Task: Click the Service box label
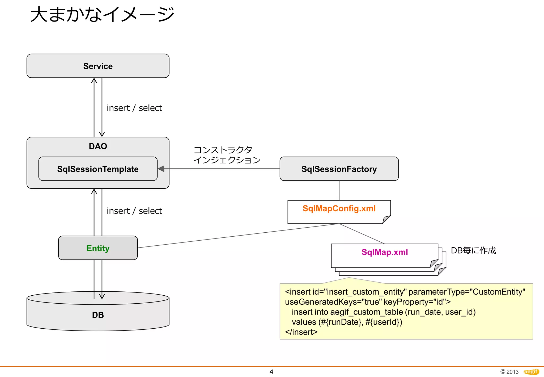(x=98, y=66)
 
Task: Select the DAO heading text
(x=98, y=146)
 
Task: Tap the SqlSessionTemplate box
(x=98, y=169)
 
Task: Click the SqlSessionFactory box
(x=339, y=169)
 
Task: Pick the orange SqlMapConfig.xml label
(x=339, y=208)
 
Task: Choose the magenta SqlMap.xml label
(x=384, y=252)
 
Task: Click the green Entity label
(x=98, y=248)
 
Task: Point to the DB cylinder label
(x=98, y=315)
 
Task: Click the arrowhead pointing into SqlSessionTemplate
(x=161, y=169)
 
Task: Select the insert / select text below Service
(x=134, y=108)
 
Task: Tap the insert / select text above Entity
(x=134, y=211)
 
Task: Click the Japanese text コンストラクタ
(x=223, y=150)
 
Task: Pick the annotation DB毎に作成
(x=473, y=250)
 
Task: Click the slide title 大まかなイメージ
(x=102, y=15)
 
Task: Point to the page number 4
(x=271, y=372)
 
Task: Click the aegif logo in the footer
(x=531, y=372)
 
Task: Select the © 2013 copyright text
(x=509, y=372)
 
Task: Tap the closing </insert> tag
(x=301, y=332)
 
